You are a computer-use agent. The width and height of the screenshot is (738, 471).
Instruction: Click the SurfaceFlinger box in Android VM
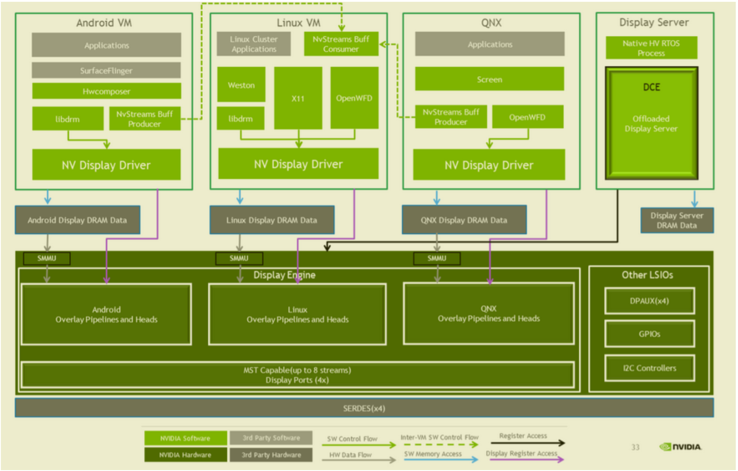106,70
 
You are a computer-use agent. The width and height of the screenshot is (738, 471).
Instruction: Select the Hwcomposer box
106,91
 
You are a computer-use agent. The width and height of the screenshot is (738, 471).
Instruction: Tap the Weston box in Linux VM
241,85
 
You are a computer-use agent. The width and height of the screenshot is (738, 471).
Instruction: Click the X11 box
298,98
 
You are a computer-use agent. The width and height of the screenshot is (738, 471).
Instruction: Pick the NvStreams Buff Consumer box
341,44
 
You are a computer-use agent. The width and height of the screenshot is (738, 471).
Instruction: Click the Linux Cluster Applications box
254,44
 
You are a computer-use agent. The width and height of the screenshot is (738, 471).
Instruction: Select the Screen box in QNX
490,79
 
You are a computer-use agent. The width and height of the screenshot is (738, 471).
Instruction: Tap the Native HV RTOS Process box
651,48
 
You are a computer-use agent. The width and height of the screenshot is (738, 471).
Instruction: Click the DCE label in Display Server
652,87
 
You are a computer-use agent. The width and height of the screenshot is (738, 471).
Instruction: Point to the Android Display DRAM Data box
77,220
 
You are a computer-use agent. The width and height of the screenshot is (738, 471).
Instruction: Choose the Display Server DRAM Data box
677,220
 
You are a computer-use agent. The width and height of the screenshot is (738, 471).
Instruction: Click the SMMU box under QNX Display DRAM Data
437,258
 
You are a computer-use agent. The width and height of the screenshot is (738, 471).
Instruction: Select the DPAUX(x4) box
650,301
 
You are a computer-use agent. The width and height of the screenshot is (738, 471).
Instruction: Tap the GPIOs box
650,334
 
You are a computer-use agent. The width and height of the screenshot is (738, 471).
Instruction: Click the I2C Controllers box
650,368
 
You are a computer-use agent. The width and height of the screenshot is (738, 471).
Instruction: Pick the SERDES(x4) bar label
364,408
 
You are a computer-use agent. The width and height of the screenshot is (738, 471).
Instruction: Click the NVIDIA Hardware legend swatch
186,455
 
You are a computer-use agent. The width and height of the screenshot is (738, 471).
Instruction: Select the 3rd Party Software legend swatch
271,438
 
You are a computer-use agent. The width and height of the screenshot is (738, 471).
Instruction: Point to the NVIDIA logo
681,447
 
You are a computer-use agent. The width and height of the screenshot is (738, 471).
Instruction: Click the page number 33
635,447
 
